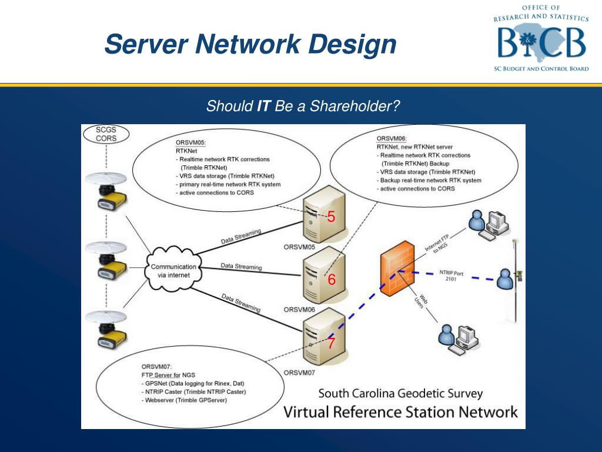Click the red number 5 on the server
click(x=331, y=217)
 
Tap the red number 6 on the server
click(x=332, y=280)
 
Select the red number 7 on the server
click(x=331, y=343)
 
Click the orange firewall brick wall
click(x=397, y=268)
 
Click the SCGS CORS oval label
click(x=106, y=134)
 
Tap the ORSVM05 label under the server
click(x=299, y=247)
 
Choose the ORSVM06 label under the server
click(x=299, y=310)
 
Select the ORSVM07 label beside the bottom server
click(x=299, y=373)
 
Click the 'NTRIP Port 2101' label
click(x=451, y=275)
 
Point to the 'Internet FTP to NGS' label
click(x=437, y=244)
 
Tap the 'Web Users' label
click(x=421, y=301)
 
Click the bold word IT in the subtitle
click(x=264, y=106)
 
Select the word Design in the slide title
click(x=353, y=44)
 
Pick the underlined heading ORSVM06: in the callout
click(x=391, y=139)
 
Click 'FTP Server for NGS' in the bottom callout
click(x=168, y=375)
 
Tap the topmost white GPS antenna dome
click(x=106, y=179)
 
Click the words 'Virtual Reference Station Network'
click(x=400, y=412)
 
